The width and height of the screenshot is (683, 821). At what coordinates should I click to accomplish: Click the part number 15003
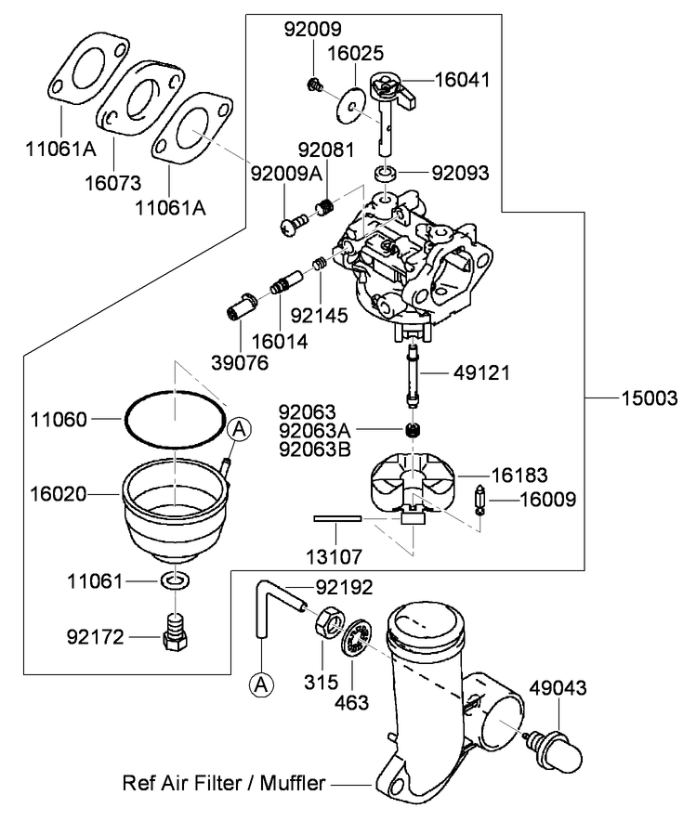(649, 398)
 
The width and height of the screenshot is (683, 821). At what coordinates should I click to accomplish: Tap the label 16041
(463, 80)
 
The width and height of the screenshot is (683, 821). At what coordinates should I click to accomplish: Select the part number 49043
(558, 688)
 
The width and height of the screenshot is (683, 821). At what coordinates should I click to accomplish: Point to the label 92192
(344, 588)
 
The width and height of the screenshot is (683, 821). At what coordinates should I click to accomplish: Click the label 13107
(334, 556)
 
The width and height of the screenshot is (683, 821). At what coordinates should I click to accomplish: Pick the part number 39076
(240, 363)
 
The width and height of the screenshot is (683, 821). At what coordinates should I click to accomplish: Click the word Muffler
(293, 783)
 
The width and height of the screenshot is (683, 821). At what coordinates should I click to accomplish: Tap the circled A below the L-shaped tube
(261, 684)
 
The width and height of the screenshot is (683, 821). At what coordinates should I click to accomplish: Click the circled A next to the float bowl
(240, 430)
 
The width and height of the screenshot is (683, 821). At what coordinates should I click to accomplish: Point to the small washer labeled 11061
(175, 580)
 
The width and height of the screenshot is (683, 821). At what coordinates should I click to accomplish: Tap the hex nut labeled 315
(330, 621)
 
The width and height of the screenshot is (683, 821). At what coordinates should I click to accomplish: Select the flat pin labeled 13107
(337, 518)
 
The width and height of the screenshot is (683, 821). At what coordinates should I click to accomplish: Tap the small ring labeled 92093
(385, 174)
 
